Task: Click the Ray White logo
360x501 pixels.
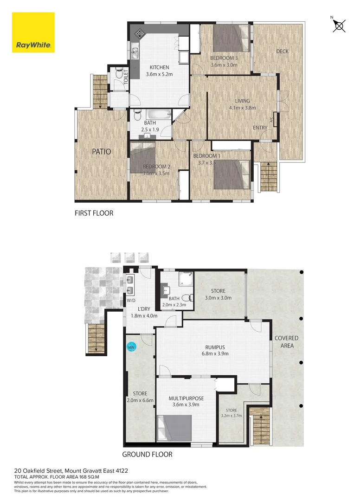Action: click(33, 33)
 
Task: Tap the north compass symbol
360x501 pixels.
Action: click(339, 26)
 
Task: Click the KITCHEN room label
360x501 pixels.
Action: click(159, 67)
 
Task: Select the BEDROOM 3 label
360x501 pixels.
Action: click(224, 58)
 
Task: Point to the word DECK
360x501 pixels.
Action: click(282, 51)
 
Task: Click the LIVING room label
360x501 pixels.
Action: click(242, 101)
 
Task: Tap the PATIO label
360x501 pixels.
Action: click(102, 151)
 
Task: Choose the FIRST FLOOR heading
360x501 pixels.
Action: click(94, 214)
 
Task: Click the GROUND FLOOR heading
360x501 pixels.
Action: click(147, 455)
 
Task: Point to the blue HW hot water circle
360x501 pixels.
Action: click(131, 347)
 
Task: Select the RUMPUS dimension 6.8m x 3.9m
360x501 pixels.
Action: click(215, 353)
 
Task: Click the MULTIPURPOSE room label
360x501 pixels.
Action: click(186, 398)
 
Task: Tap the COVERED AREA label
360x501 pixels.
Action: click(286, 342)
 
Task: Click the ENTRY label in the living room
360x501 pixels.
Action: click(260, 128)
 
